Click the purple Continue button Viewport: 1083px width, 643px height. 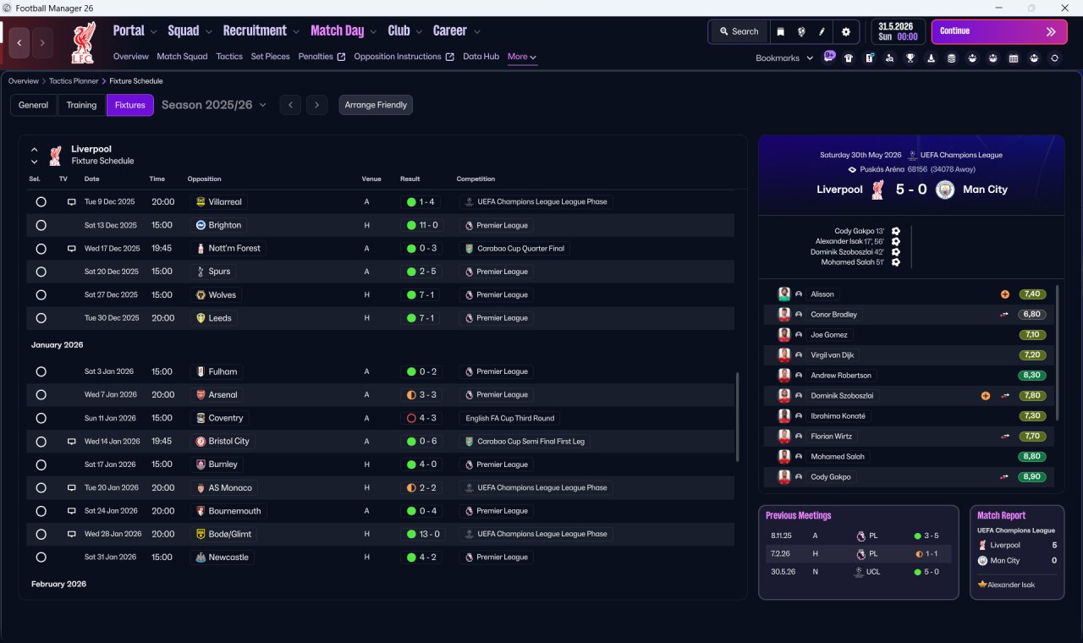[999, 31]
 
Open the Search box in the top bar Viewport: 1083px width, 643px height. [739, 31]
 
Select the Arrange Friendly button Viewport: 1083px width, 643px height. [376, 105]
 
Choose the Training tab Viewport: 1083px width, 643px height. [81, 105]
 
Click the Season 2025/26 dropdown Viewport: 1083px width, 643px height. [214, 105]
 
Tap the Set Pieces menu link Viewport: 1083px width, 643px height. [270, 57]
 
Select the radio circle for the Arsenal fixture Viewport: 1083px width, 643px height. [41, 395]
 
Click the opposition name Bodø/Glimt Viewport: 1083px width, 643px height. [229, 534]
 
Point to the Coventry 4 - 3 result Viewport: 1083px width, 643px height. [421, 418]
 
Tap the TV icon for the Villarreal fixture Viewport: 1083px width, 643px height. [71, 202]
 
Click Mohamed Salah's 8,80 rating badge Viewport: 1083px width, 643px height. [1031, 456]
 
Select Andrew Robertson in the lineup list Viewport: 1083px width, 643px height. [841, 375]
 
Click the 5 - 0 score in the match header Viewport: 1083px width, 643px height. [911, 189]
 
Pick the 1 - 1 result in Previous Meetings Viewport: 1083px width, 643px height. [927, 553]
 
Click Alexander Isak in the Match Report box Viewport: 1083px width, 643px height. [1010, 585]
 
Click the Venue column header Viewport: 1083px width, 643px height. [371, 179]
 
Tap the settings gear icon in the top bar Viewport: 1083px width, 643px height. [845, 32]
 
